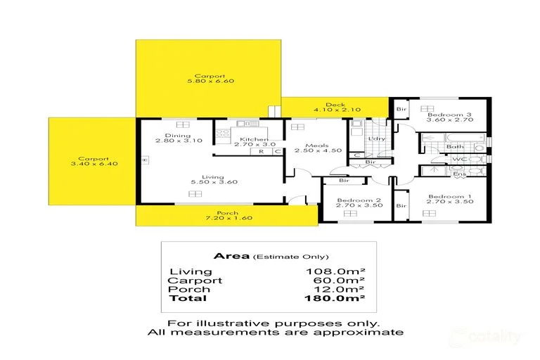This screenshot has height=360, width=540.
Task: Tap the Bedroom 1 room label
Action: click(x=445, y=195)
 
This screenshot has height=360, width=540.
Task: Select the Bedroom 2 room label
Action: click(x=354, y=201)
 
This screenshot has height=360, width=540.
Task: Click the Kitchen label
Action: click(x=251, y=139)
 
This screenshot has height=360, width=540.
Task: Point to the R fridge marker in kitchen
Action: click(x=262, y=151)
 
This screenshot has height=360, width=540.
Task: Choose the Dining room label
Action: click(x=174, y=135)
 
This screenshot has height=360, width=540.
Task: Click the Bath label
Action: click(x=455, y=146)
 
